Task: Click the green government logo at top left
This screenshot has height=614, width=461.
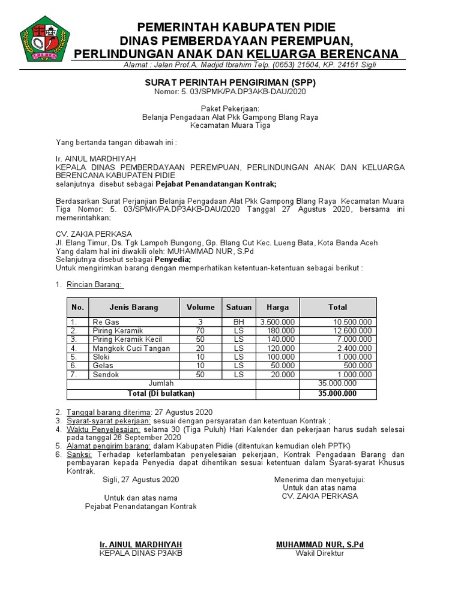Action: click(x=44, y=40)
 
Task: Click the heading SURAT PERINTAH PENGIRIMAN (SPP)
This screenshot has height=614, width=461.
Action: click(x=230, y=82)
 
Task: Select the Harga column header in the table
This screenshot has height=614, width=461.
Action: click(x=277, y=307)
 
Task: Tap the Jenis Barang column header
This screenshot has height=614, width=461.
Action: click(x=134, y=307)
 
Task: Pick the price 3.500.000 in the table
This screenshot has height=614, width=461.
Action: click(x=277, y=322)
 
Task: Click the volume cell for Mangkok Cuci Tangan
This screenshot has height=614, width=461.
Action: click(x=200, y=348)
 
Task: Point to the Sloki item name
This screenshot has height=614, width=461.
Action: click(x=101, y=357)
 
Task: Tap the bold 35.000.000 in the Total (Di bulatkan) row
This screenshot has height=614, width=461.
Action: click(x=337, y=393)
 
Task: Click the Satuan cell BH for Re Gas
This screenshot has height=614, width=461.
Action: click(x=239, y=322)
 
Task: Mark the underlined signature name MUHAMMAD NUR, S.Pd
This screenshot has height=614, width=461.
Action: click(x=319, y=544)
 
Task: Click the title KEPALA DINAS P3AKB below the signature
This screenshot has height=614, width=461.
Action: click(x=140, y=553)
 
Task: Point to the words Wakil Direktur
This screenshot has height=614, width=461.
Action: click(x=319, y=553)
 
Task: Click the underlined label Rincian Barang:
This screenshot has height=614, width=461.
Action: click(x=94, y=284)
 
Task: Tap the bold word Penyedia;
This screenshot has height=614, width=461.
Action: click(x=173, y=260)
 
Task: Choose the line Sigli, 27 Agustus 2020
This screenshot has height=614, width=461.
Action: click(x=140, y=480)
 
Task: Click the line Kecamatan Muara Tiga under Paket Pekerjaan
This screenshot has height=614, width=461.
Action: click(x=230, y=126)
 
